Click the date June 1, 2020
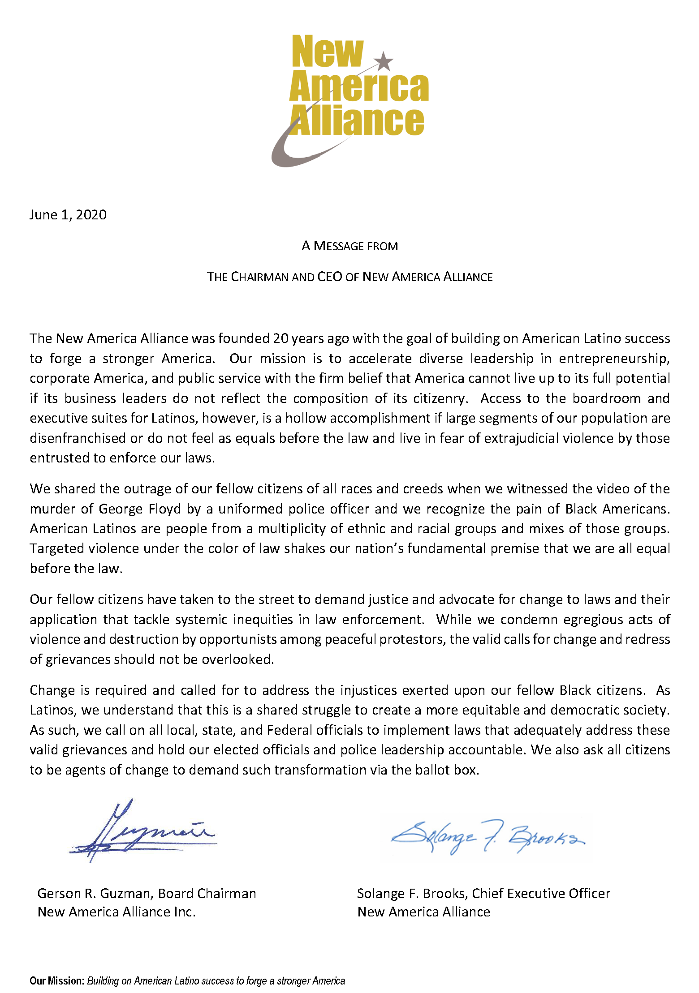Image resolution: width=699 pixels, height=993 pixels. click(x=68, y=215)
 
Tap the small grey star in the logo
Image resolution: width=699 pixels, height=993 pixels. click(x=384, y=61)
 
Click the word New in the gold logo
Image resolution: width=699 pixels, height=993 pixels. click(x=327, y=52)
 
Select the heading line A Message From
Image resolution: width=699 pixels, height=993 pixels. click(x=349, y=246)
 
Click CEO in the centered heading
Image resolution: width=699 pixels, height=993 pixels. click(x=330, y=277)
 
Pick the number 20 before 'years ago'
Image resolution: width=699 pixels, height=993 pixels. click(x=280, y=338)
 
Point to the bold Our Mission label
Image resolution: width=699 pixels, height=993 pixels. click(x=57, y=981)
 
